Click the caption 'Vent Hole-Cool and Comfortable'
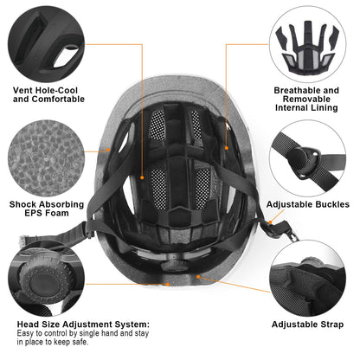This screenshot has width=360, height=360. pos(48,94)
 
